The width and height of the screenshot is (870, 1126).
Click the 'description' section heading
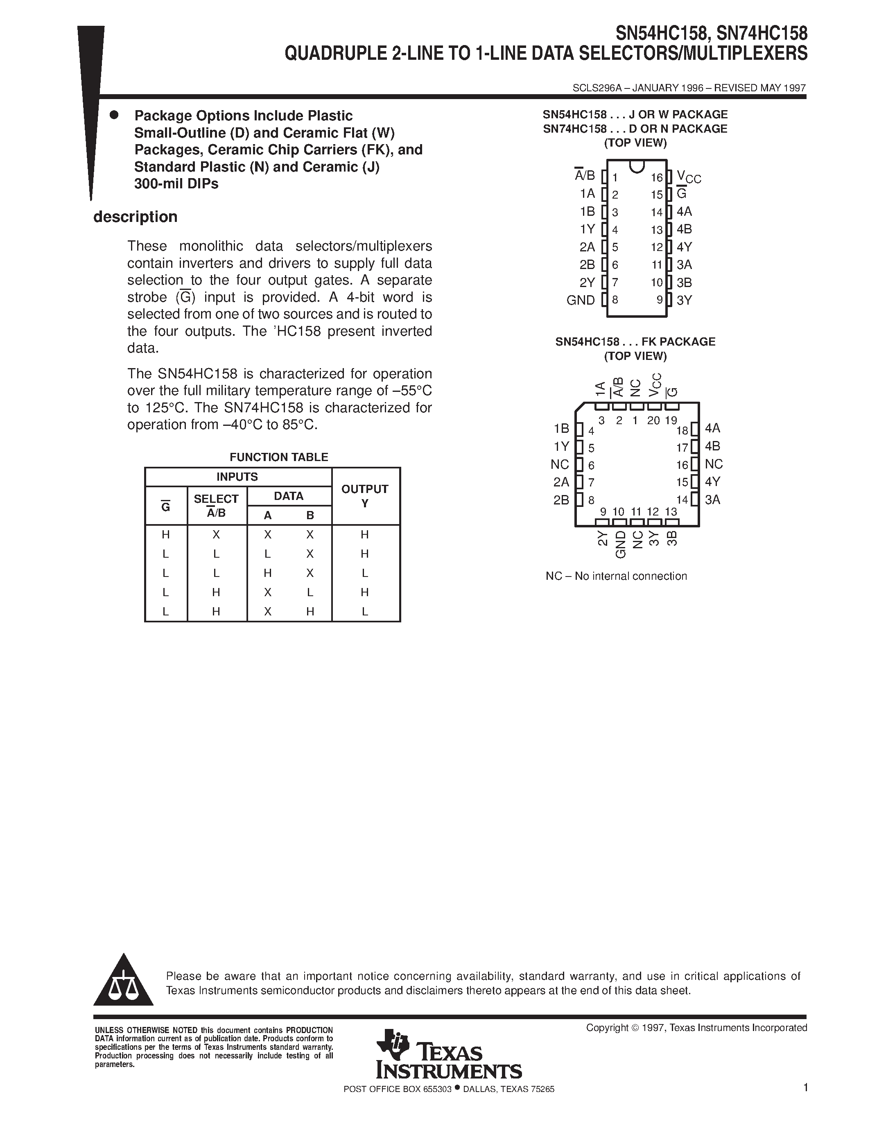coord(135,217)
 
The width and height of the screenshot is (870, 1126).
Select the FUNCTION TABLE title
coord(278,457)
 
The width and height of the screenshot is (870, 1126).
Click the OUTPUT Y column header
coord(365,495)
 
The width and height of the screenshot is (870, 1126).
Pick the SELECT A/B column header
coord(216,505)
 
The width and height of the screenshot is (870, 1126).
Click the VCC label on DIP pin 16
coord(689,177)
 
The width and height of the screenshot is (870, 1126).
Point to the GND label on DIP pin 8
coord(581,300)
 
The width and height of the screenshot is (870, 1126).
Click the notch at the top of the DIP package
coord(637,166)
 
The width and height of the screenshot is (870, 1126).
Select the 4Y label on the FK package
coord(712,482)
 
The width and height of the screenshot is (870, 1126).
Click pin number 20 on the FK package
coord(653,420)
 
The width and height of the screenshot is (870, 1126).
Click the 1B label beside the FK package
coord(561,428)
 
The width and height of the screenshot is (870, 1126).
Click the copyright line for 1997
coord(696,1028)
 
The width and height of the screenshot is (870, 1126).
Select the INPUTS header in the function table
coord(237,476)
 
